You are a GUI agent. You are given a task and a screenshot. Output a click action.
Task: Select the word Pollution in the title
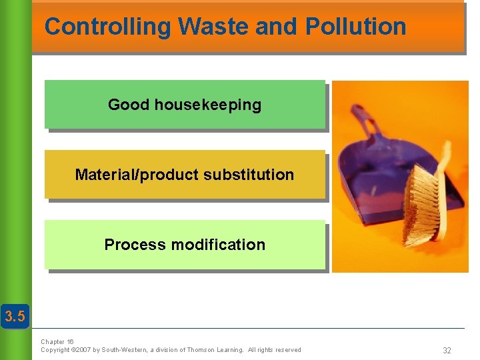(x=355, y=27)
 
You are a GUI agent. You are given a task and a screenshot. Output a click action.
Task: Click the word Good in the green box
(x=129, y=105)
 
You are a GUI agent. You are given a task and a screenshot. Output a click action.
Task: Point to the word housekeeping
(x=207, y=105)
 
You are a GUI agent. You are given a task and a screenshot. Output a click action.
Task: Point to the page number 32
(x=447, y=350)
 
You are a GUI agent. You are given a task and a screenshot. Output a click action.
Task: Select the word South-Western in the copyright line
(x=123, y=349)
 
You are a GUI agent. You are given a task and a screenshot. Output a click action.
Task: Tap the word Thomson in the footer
(x=201, y=349)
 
